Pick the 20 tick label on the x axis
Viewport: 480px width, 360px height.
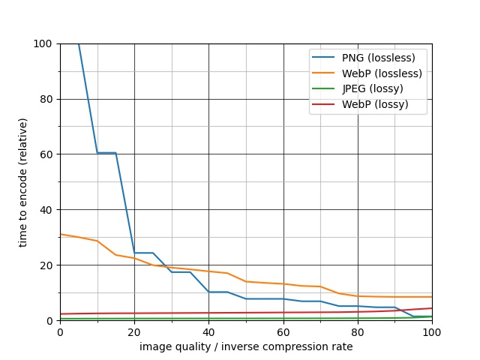point(134,332)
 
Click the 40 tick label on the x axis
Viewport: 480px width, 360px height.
point(208,332)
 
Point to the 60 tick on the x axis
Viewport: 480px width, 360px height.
point(283,332)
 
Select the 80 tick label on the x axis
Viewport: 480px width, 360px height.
point(358,332)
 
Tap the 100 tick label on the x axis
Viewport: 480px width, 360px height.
point(432,332)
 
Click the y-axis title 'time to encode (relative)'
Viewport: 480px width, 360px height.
point(23,182)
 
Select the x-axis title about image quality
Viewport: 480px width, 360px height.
point(246,346)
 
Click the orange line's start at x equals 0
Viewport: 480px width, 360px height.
point(61,234)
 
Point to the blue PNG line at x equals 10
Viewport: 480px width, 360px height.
point(97,153)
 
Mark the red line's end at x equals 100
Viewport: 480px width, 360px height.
point(432,308)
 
